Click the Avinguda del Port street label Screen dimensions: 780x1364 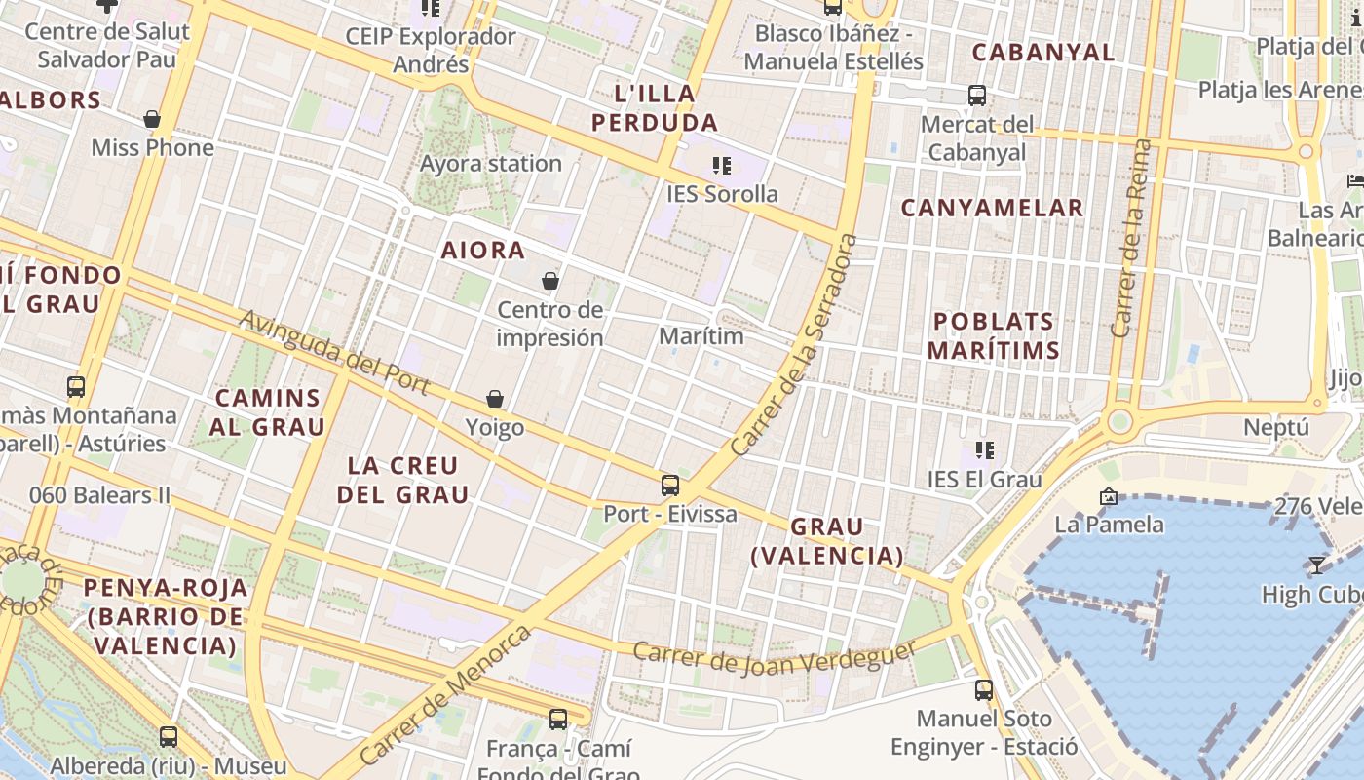[334, 353]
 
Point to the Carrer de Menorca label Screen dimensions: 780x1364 [446, 694]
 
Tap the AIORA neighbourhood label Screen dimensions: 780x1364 [483, 251]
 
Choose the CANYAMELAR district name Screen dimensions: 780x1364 [992, 208]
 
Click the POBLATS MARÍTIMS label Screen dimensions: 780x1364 [994, 335]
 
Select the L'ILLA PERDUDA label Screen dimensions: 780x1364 [655, 108]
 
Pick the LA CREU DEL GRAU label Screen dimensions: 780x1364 [403, 480]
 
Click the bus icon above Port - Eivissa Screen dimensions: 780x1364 [670, 485]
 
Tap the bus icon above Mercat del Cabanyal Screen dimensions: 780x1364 [977, 96]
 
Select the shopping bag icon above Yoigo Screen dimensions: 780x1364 [495, 399]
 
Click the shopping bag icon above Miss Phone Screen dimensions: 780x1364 [152, 119]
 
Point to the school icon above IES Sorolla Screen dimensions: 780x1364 [722, 166]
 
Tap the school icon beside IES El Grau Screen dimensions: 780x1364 [985, 450]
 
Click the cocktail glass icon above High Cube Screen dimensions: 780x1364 [1317, 565]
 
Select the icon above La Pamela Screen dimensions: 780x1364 [1108, 496]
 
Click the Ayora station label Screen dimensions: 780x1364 [491, 164]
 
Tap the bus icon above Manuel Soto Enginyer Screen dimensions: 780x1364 [984, 690]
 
